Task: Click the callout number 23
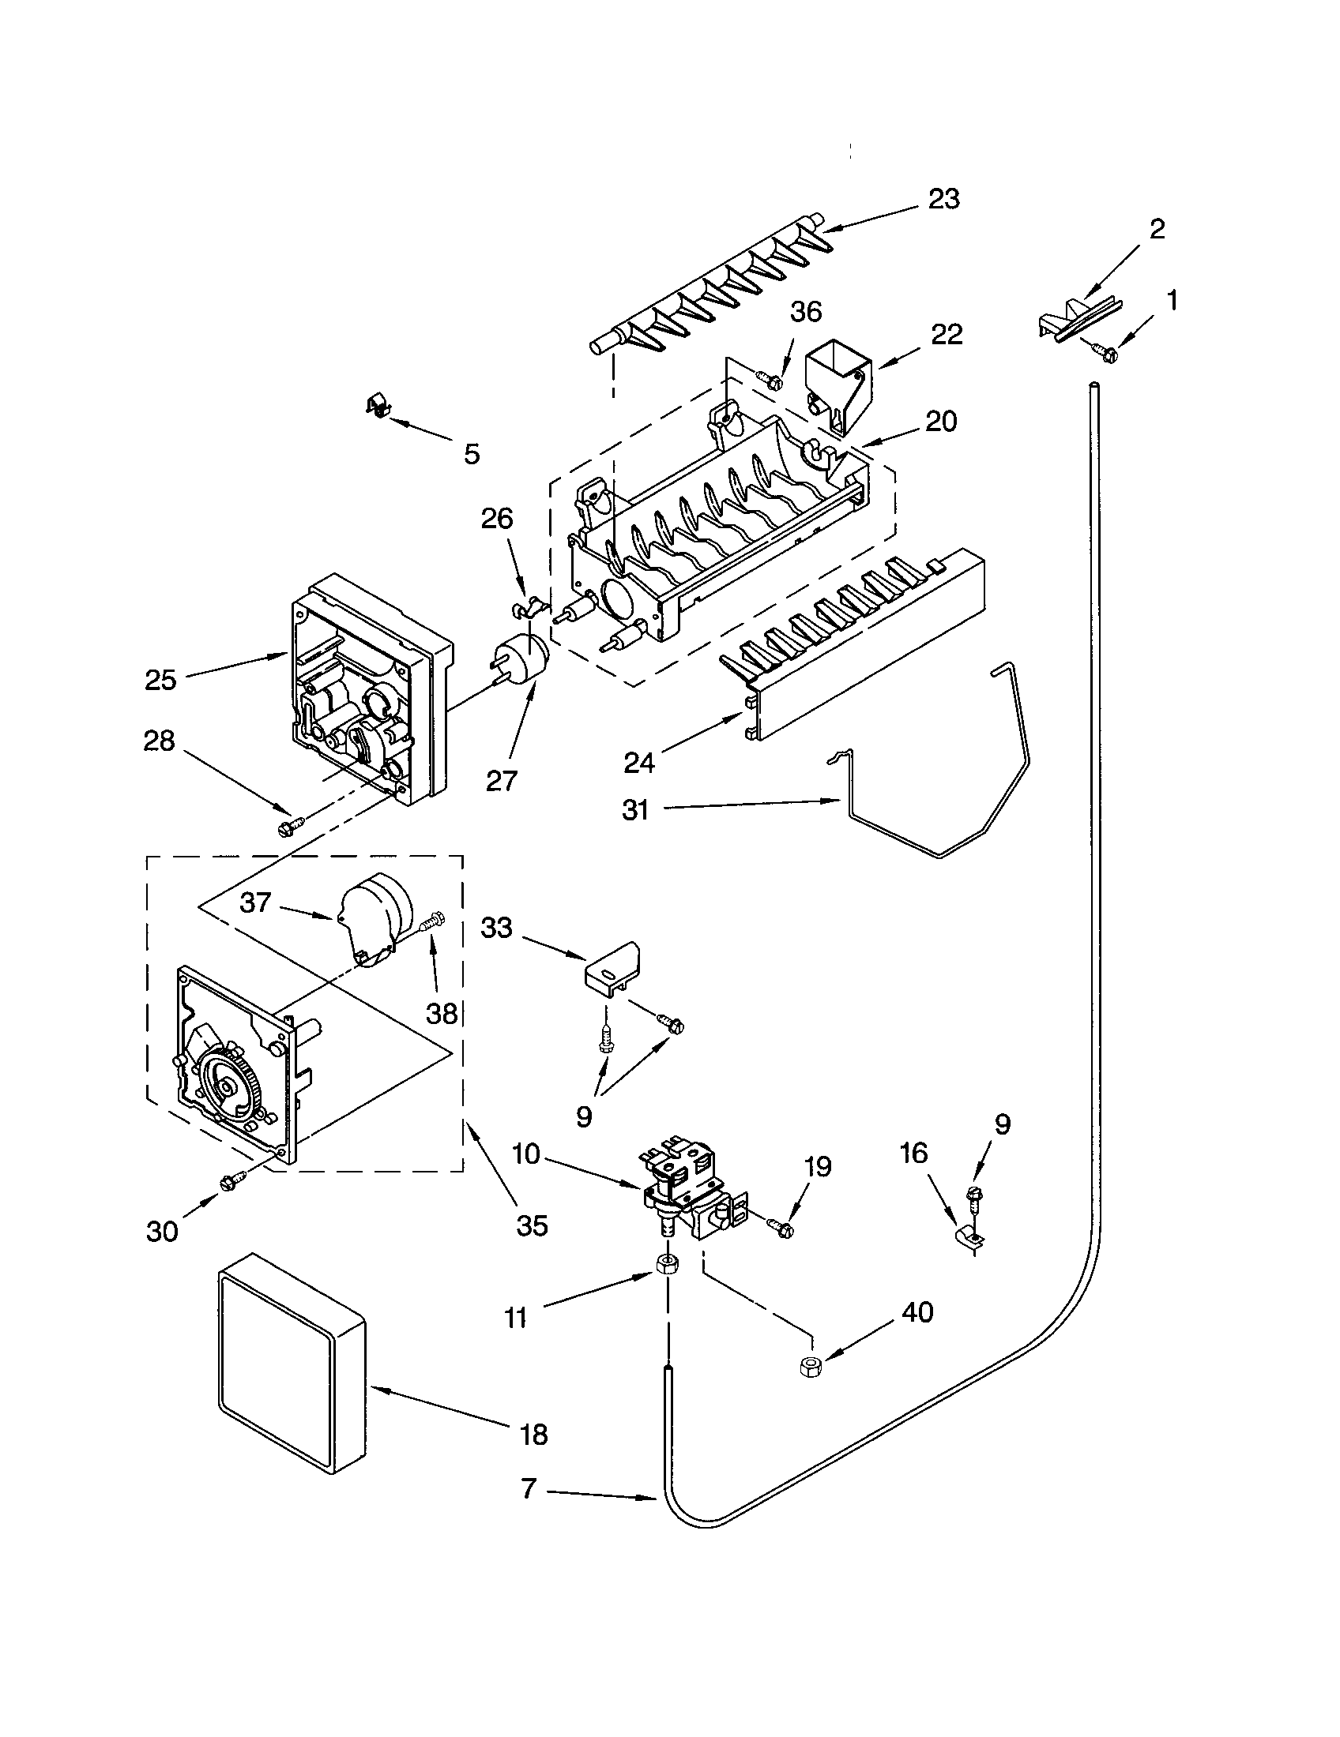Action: pos(943,199)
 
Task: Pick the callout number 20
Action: pos(940,422)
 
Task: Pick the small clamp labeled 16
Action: pos(968,1239)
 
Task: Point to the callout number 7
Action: pos(529,1489)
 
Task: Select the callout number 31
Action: pos(635,809)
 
